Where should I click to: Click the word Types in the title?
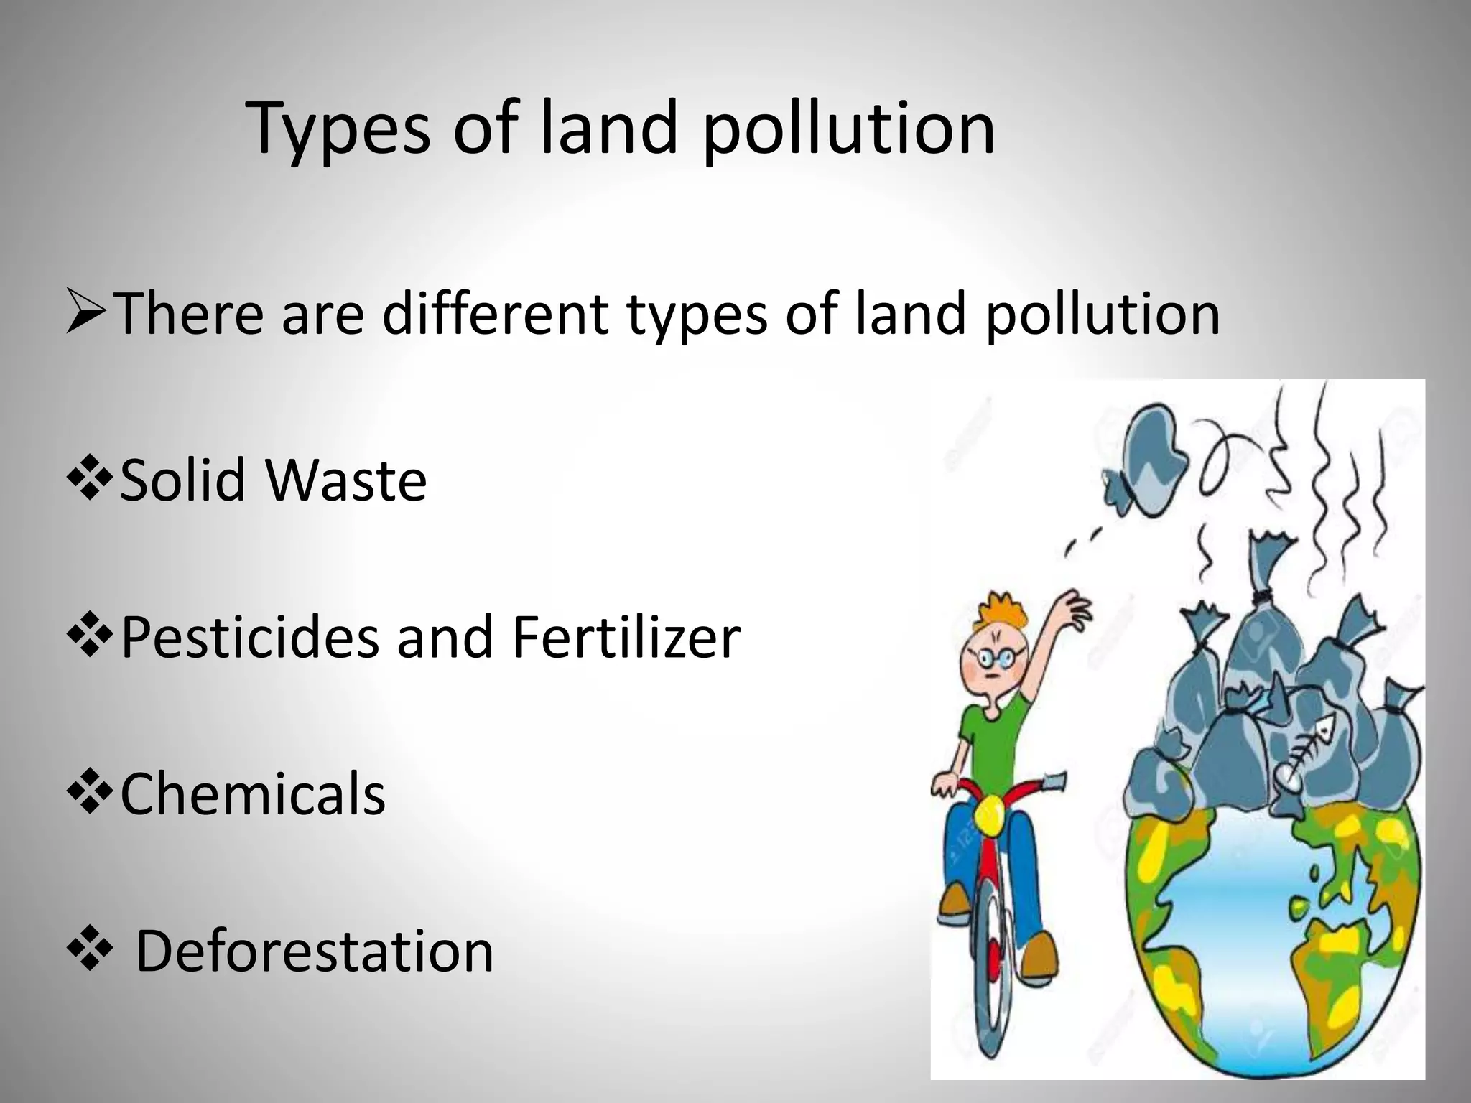pos(338,129)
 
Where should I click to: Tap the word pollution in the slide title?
pos(848,129)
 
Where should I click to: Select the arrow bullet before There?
pos(86,312)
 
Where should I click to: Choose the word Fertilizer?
pos(626,637)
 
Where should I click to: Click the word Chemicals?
pos(252,794)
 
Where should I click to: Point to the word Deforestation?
pos(315,951)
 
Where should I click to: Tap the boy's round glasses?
pos(996,658)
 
